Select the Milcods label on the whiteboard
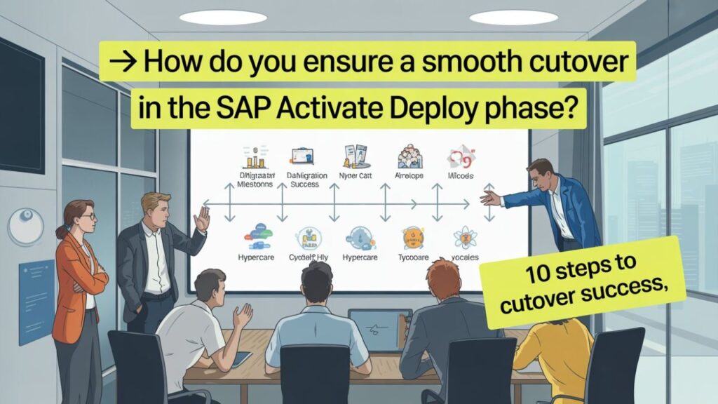coord(461,176)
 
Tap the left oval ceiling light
coord(213,17)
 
